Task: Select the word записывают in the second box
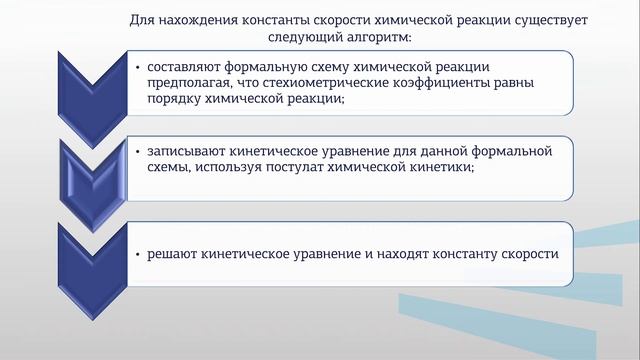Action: (182, 151)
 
